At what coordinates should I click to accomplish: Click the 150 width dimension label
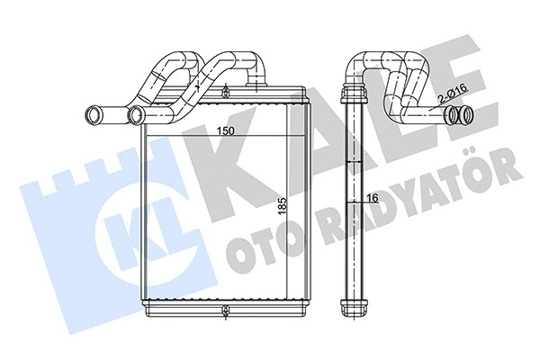225,132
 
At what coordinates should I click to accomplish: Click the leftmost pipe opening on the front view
92,114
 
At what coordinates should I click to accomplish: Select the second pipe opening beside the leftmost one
137,114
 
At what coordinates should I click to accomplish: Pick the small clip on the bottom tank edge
222,311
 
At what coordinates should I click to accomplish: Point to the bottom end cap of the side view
355,304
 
